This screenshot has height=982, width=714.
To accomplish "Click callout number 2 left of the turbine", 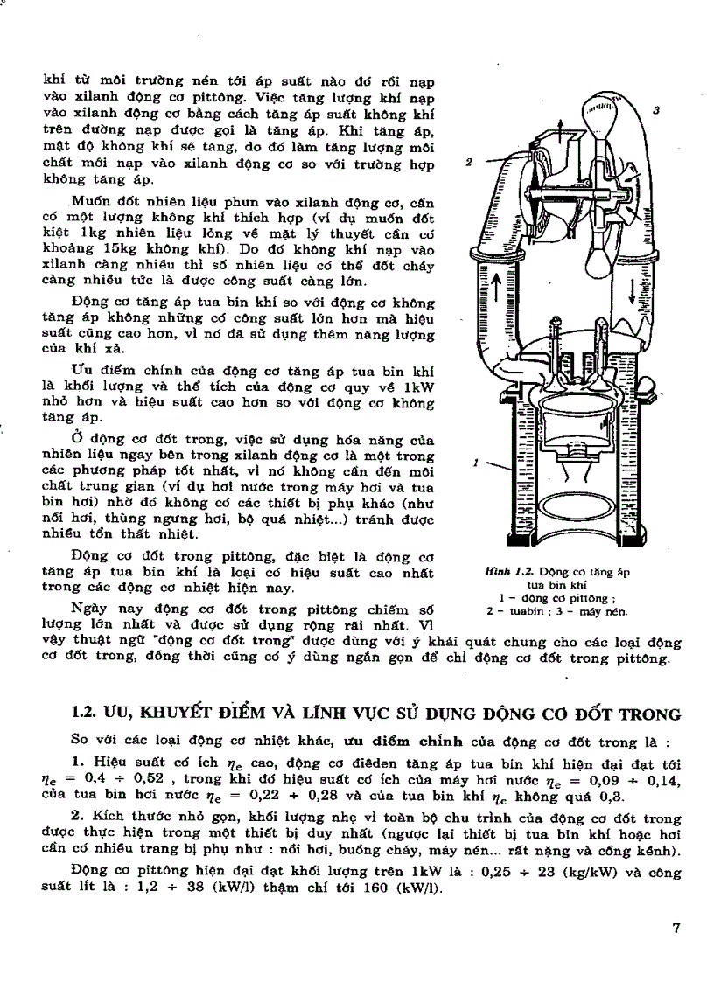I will [470, 163].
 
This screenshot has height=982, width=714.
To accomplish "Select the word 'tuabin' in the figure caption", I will [522, 611].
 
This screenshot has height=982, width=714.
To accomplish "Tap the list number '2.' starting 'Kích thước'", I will [78, 818].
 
